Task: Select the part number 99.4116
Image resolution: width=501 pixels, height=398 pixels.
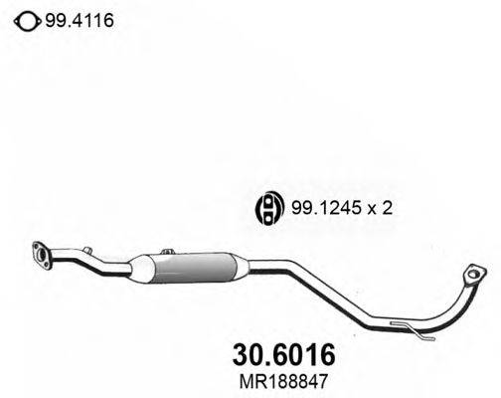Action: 73,17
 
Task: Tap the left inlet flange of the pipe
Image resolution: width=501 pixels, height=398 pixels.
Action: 43,255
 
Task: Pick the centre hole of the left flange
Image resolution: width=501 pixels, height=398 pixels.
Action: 43,256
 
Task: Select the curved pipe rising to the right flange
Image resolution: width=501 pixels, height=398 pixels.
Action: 452,308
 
